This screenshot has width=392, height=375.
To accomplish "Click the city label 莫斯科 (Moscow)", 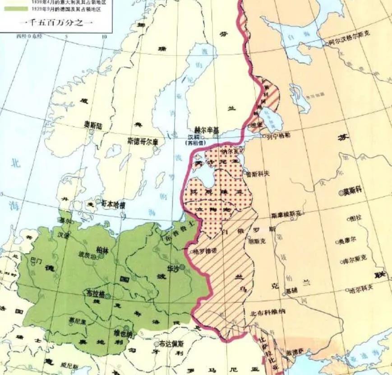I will (354, 192).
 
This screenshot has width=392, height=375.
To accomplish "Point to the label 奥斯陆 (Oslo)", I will (93, 124).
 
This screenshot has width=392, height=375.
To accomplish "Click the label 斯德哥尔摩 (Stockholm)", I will (143, 141).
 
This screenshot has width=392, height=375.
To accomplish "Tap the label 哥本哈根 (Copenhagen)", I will (113, 204).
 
